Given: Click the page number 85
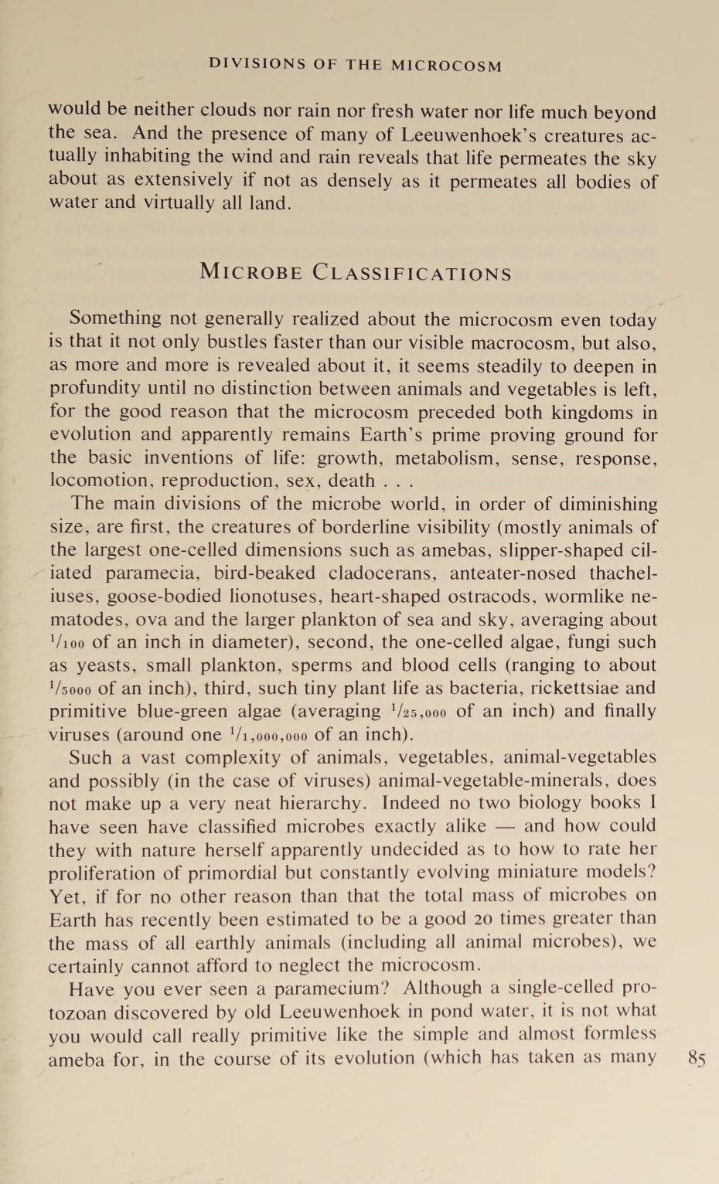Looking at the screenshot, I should click(x=696, y=1058).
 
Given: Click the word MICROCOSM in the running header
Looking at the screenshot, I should click(x=446, y=66).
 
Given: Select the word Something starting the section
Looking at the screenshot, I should click(x=115, y=318).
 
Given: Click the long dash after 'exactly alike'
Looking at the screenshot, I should click(x=506, y=826).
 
